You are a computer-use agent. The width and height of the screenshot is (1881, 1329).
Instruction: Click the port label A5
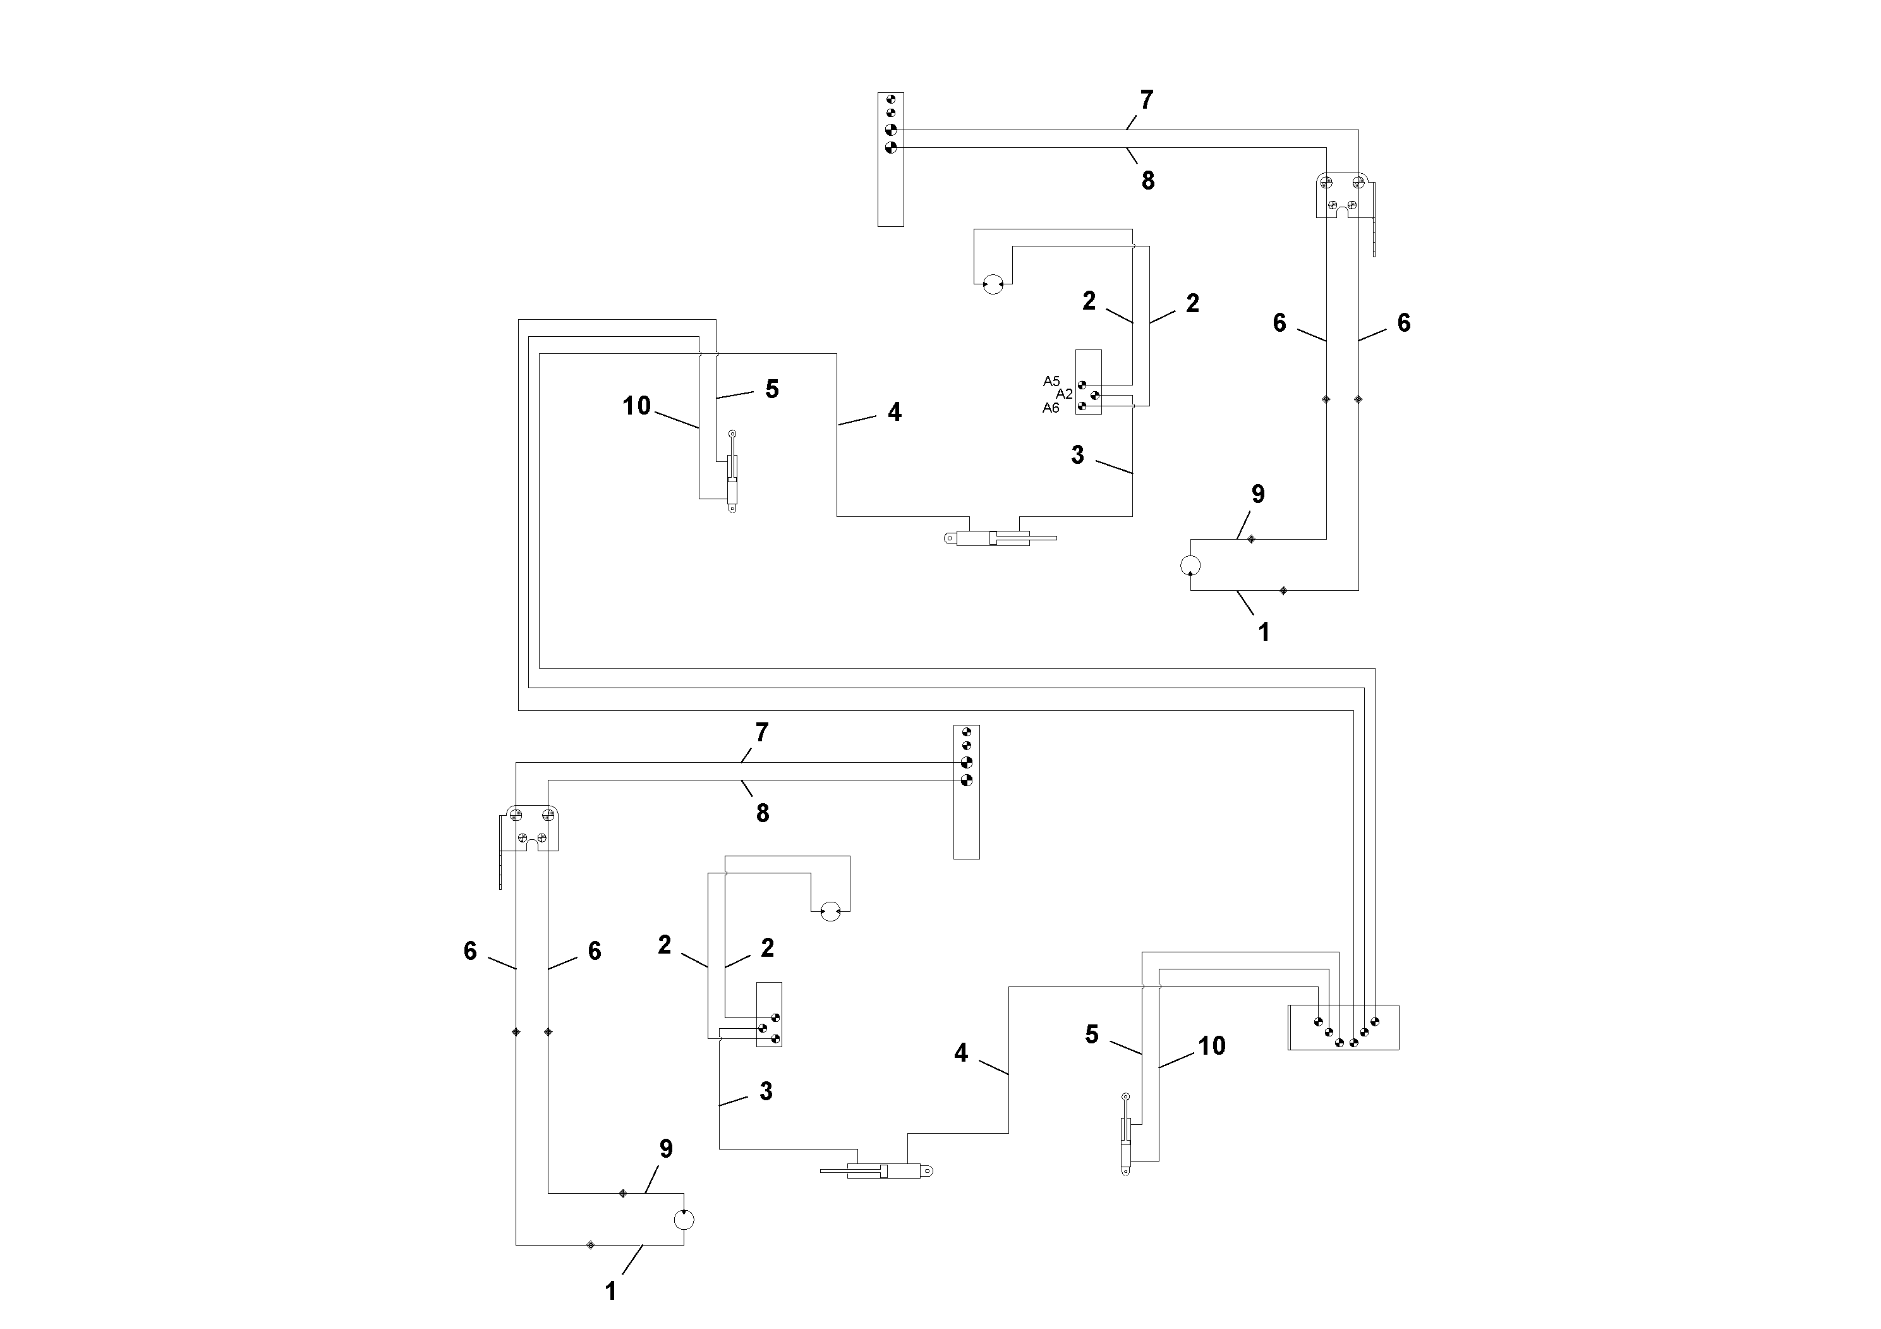point(1051,381)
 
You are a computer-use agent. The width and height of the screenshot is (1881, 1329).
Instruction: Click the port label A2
point(1063,394)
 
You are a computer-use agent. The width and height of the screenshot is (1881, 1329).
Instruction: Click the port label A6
point(1050,408)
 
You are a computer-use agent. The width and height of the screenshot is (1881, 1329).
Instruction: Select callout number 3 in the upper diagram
point(1077,455)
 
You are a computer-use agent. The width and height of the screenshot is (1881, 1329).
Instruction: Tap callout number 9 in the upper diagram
point(1257,494)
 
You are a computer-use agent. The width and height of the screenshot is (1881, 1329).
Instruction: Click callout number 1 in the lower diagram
point(610,1291)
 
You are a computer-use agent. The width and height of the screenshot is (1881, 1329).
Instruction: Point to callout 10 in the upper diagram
point(636,406)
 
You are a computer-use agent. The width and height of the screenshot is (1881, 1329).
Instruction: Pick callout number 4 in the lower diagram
point(961,1053)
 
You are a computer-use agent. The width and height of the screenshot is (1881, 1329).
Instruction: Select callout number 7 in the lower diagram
point(762,732)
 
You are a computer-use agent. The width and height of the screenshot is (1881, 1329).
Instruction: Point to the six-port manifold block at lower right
point(1343,1028)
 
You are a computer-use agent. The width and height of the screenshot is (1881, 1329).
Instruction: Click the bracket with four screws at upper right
point(1341,196)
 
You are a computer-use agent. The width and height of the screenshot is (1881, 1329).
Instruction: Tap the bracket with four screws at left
point(533,828)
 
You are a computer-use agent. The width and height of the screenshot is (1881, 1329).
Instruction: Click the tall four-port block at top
point(890,159)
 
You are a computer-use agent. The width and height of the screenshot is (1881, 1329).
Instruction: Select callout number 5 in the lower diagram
point(1091,1035)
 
